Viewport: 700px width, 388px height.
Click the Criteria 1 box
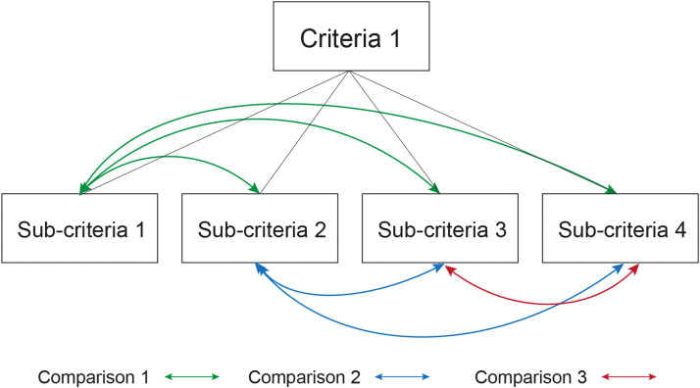point(350,39)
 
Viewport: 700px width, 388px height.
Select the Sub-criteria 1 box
point(79,228)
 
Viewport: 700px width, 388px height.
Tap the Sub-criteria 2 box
point(259,228)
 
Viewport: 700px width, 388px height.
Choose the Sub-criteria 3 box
point(439,228)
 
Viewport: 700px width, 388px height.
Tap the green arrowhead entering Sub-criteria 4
point(613,189)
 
